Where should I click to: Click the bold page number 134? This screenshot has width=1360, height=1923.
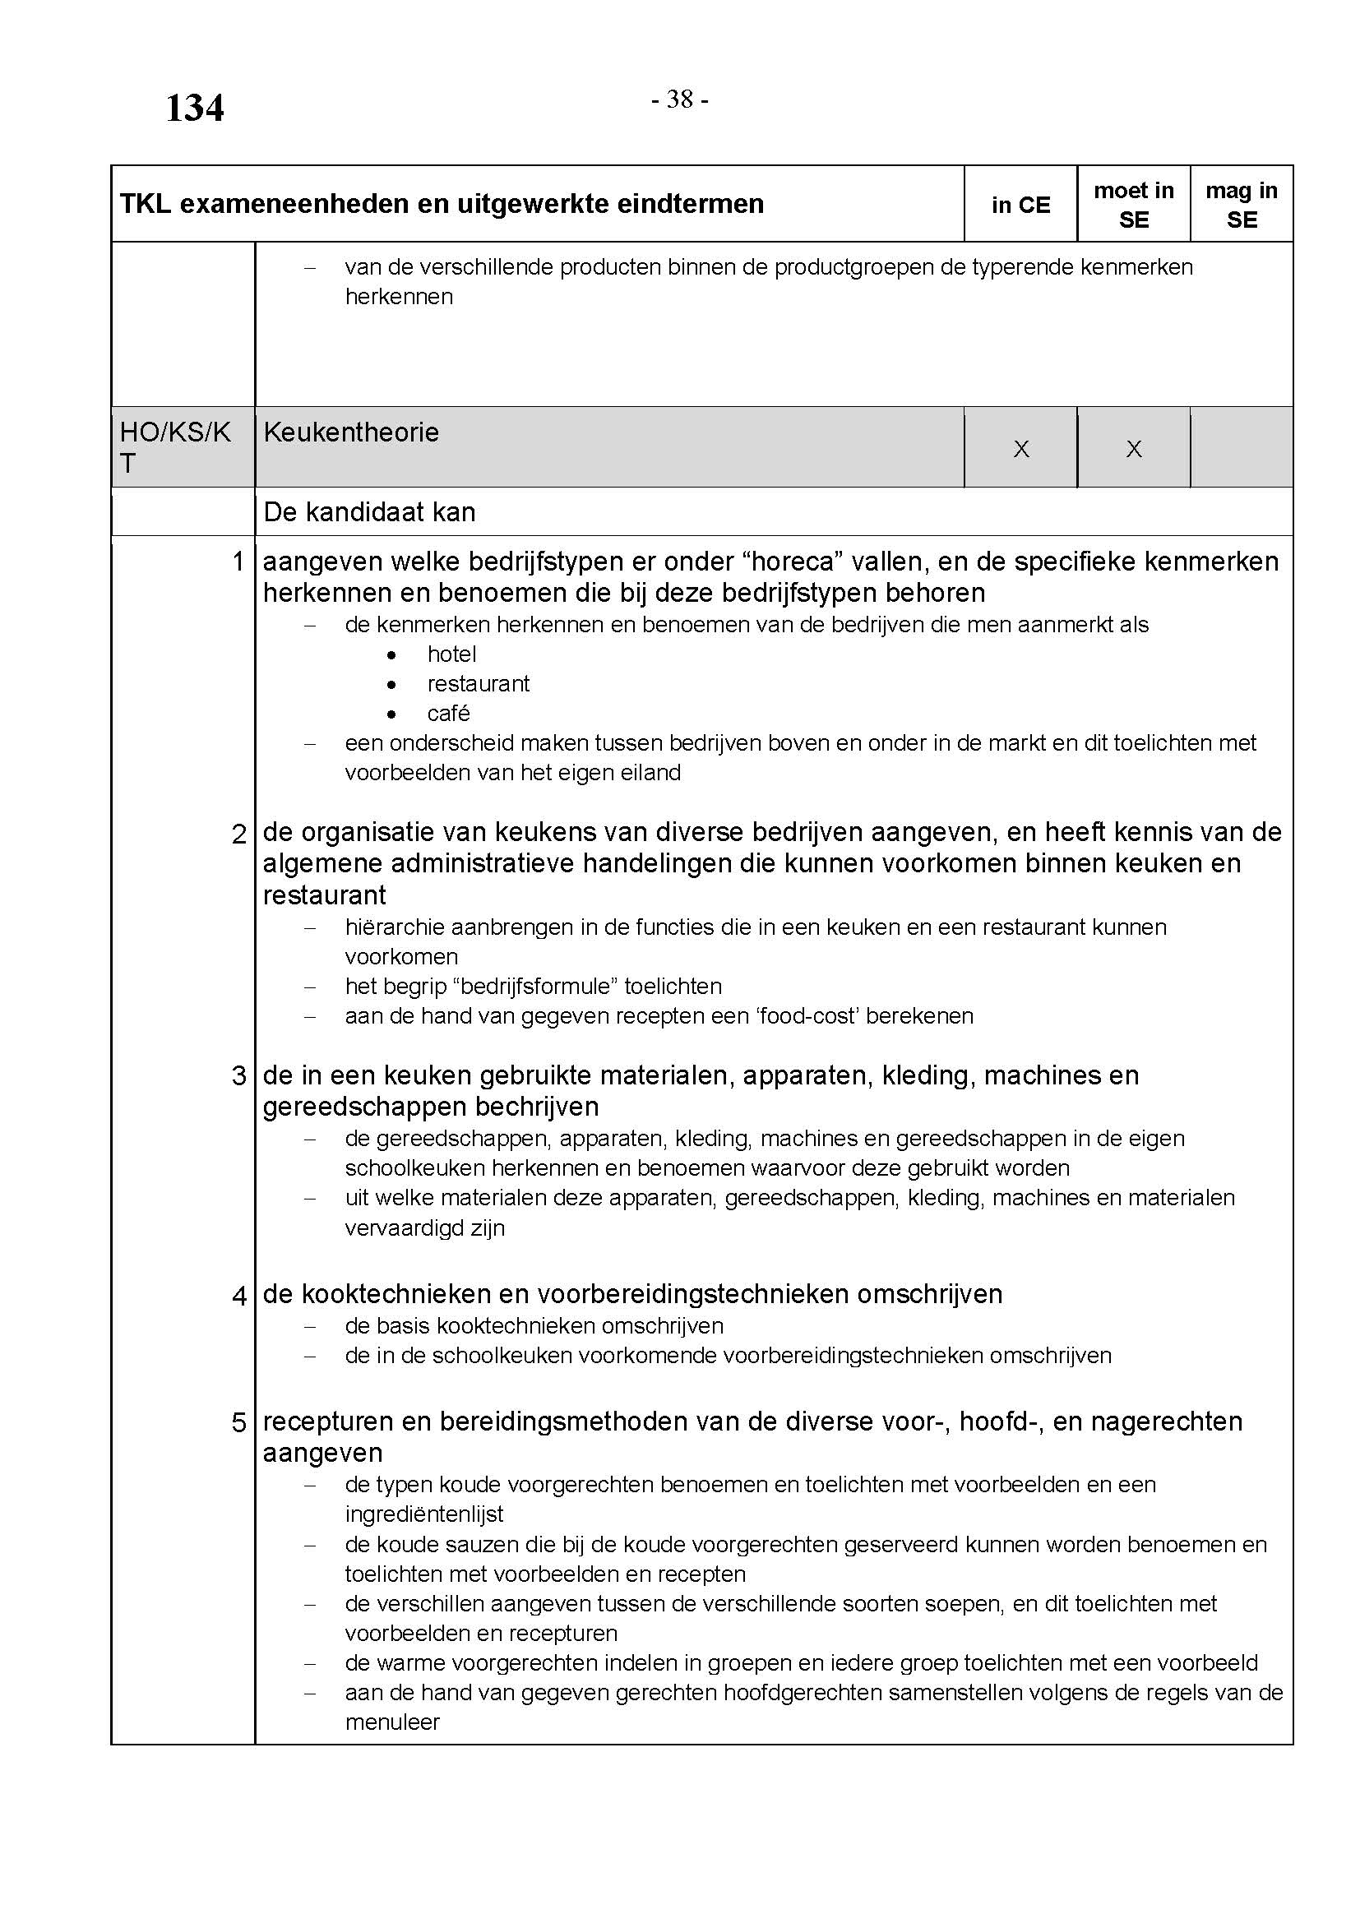click(x=194, y=109)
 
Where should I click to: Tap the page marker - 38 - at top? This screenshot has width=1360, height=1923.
click(x=679, y=99)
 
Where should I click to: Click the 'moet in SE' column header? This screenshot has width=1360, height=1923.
click(x=1133, y=206)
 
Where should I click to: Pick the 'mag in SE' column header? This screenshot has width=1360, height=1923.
click(x=1241, y=206)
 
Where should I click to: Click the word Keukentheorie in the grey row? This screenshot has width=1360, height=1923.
click(x=351, y=432)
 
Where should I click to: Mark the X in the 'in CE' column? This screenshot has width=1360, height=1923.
click(x=1021, y=450)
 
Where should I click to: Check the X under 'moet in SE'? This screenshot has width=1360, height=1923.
click(x=1133, y=450)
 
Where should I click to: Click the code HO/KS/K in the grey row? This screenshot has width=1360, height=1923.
click(x=175, y=432)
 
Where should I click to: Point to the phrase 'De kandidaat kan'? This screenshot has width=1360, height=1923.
click(x=368, y=512)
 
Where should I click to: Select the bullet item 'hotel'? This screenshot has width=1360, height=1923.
click(x=451, y=654)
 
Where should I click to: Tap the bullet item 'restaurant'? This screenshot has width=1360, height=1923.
click(x=479, y=683)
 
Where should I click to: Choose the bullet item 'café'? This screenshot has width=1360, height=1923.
click(x=448, y=714)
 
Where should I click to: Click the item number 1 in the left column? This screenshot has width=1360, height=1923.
click(x=238, y=562)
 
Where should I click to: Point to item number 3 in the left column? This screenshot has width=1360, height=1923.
click(x=238, y=1075)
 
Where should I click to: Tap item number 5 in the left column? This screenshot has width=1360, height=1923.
click(x=238, y=1422)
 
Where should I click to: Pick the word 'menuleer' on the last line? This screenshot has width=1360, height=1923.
click(x=392, y=1722)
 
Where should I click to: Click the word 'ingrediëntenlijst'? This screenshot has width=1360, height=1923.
click(x=423, y=1514)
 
